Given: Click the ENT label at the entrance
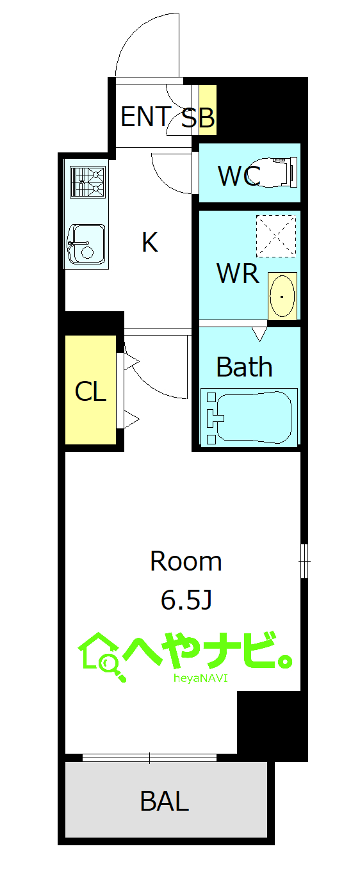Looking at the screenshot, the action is point(145,117).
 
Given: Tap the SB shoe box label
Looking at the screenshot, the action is point(199,117).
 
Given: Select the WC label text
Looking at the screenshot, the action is point(239,176).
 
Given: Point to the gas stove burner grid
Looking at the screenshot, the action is point(88,182).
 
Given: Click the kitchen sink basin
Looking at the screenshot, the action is point(86,245).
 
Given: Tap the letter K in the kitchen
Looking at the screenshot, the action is point(150,242).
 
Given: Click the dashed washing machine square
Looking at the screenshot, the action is point(276,236).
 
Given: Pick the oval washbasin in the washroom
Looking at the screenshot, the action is point(282,296).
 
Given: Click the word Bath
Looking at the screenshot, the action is point(245,367).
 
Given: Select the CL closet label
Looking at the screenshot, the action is point(90,391).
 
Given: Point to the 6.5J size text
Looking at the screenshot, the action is point(186,599).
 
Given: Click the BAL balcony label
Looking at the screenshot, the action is point(165,800).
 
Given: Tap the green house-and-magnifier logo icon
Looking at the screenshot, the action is point(102,657).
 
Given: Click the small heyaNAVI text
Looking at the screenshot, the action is point(200,678).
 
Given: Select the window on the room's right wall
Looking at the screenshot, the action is point(304,561).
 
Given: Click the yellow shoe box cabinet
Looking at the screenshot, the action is point(208,110).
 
